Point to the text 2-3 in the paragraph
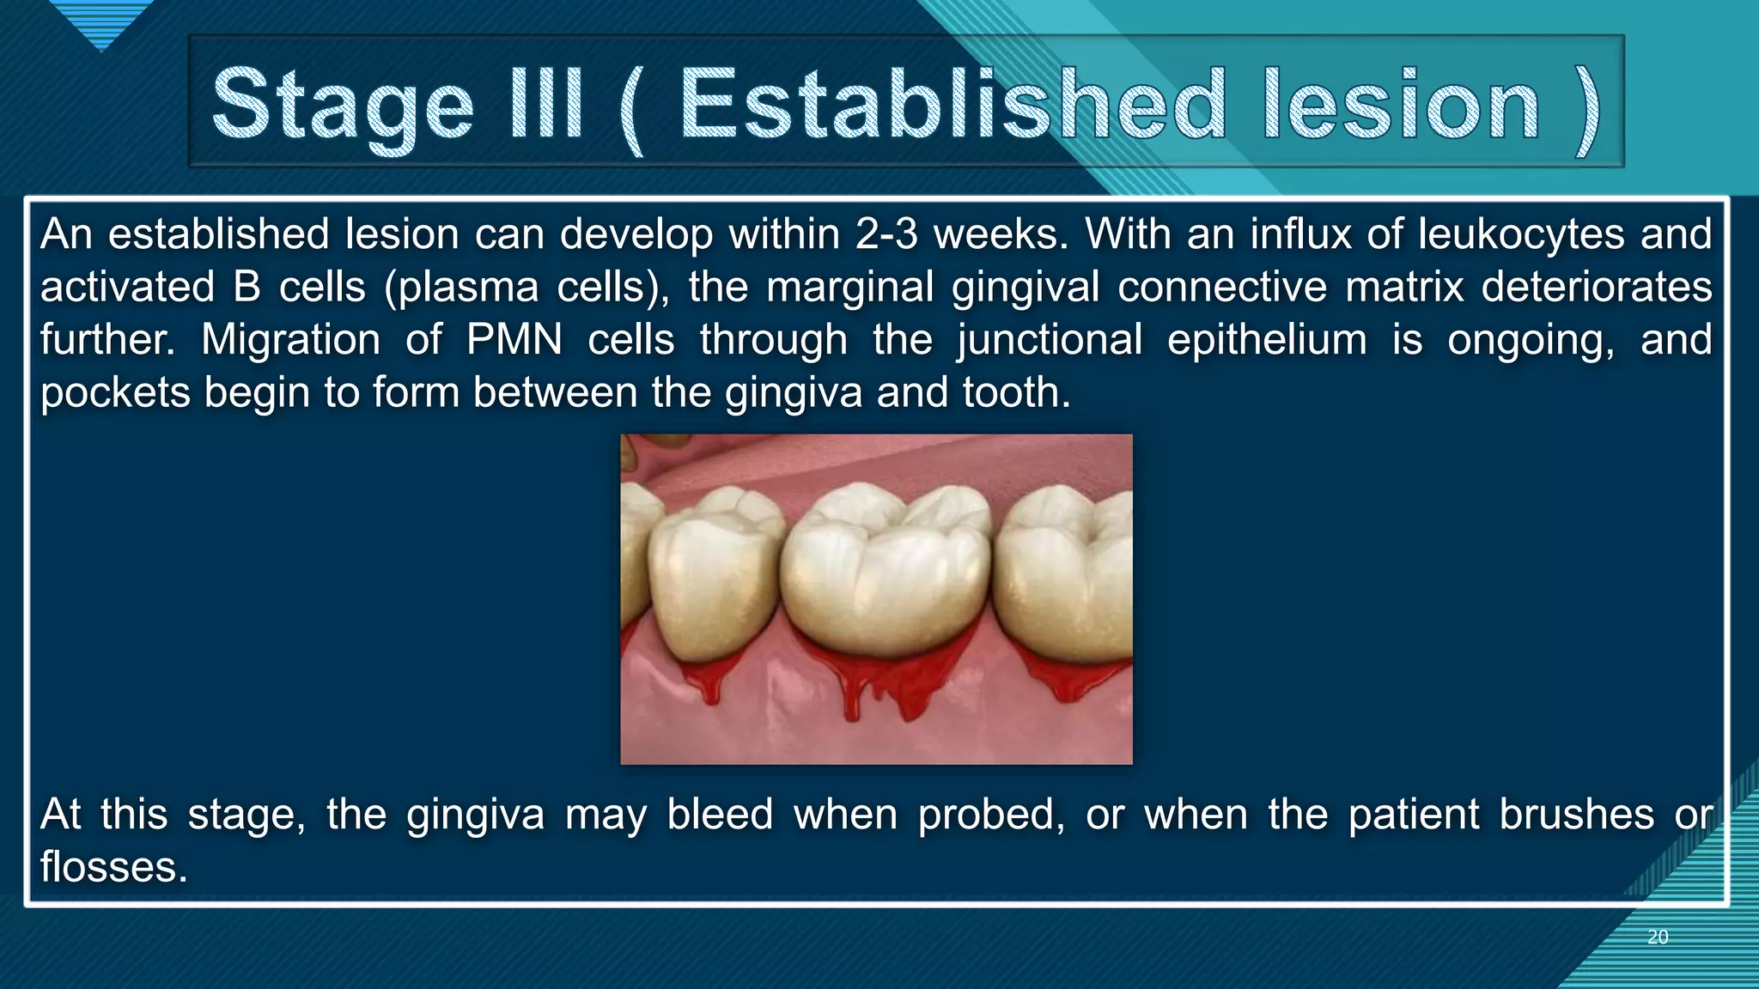pos(886,234)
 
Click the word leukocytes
pos(1521,234)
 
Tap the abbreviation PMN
pos(514,340)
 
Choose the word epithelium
pos(1267,340)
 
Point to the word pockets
pos(115,393)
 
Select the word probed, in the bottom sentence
pos(991,815)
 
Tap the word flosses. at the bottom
pos(113,867)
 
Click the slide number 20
pos(1658,937)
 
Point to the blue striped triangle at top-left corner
pos(101,21)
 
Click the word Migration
pos(290,340)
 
